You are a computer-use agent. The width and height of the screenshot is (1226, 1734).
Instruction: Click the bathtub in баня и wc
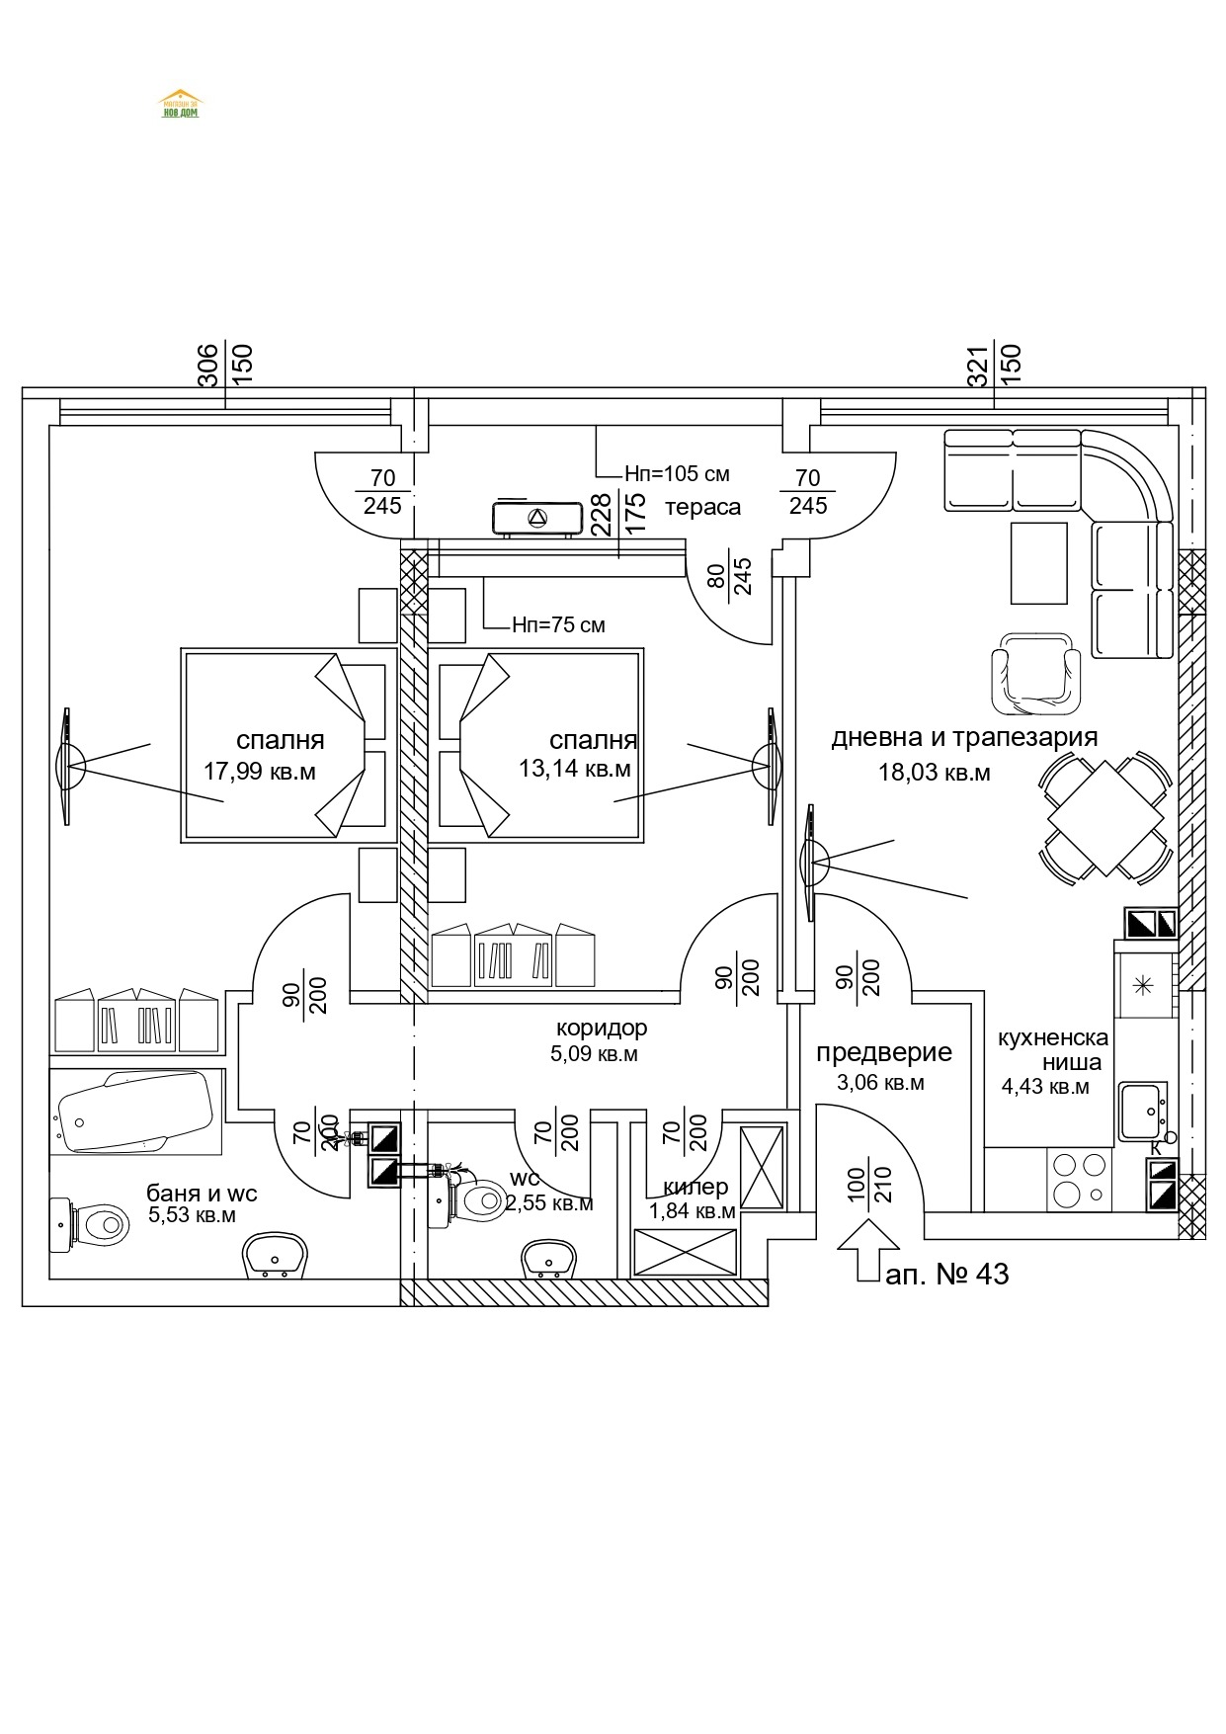[x=136, y=1113]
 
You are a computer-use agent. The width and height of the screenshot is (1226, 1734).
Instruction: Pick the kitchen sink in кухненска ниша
[x=1143, y=1112]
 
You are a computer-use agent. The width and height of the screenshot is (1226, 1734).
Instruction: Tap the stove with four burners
[x=1080, y=1179]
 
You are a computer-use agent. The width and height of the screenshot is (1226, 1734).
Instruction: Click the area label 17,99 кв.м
[x=260, y=772]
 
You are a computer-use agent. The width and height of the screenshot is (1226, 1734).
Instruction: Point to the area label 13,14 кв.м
[x=574, y=769]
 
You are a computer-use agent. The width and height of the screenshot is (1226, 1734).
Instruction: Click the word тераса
[x=702, y=508]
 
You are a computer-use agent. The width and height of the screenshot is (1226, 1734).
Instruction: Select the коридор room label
[x=601, y=1028]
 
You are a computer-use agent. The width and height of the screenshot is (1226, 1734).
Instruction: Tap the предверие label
[x=883, y=1053]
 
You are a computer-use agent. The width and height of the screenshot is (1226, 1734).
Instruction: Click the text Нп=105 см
[x=677, y=474]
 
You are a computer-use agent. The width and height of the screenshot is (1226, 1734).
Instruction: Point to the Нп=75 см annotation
[x=558, y=625]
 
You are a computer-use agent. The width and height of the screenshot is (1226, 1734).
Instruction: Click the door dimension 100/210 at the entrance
[x=869, y=1184]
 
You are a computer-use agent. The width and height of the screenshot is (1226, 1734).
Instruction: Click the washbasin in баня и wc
[x=276, y=1255]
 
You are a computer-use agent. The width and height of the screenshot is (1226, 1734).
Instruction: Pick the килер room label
[x=695, y=1187]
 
